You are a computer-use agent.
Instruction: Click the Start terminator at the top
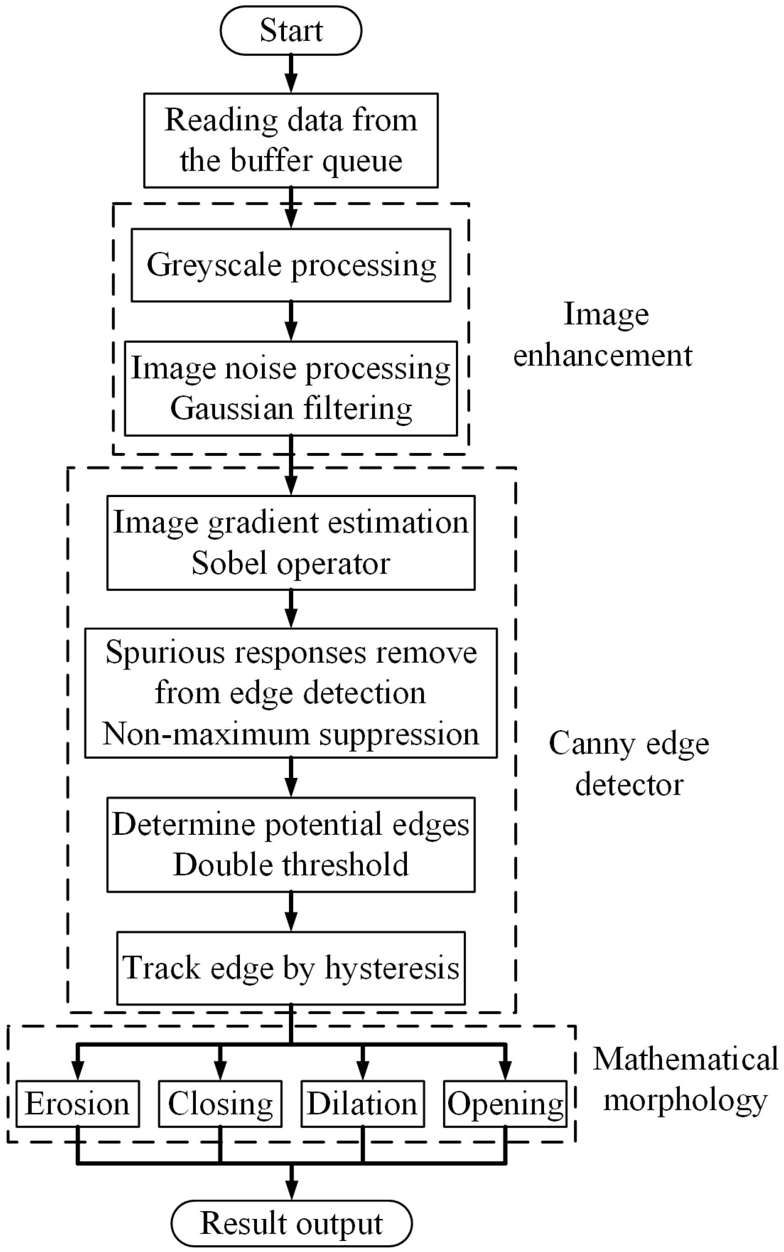tap(291, 30)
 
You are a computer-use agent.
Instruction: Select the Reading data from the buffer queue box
tap(291, 140)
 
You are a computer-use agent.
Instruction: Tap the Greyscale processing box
tap(291, 264)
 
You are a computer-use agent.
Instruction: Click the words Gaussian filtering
tap(291, 408)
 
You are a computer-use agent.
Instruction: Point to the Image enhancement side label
tap(604, 335)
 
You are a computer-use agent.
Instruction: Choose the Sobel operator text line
tap(291, 563)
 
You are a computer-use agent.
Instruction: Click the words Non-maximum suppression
tap(291, 734)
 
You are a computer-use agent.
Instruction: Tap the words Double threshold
tap(291, 865)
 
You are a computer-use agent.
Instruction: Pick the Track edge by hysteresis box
tap(291, 968)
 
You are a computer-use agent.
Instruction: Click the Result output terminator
tap(291, 1224)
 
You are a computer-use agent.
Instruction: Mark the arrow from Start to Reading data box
tap(291, 74)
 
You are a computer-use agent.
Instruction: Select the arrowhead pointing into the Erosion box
tap(78, 1069)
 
